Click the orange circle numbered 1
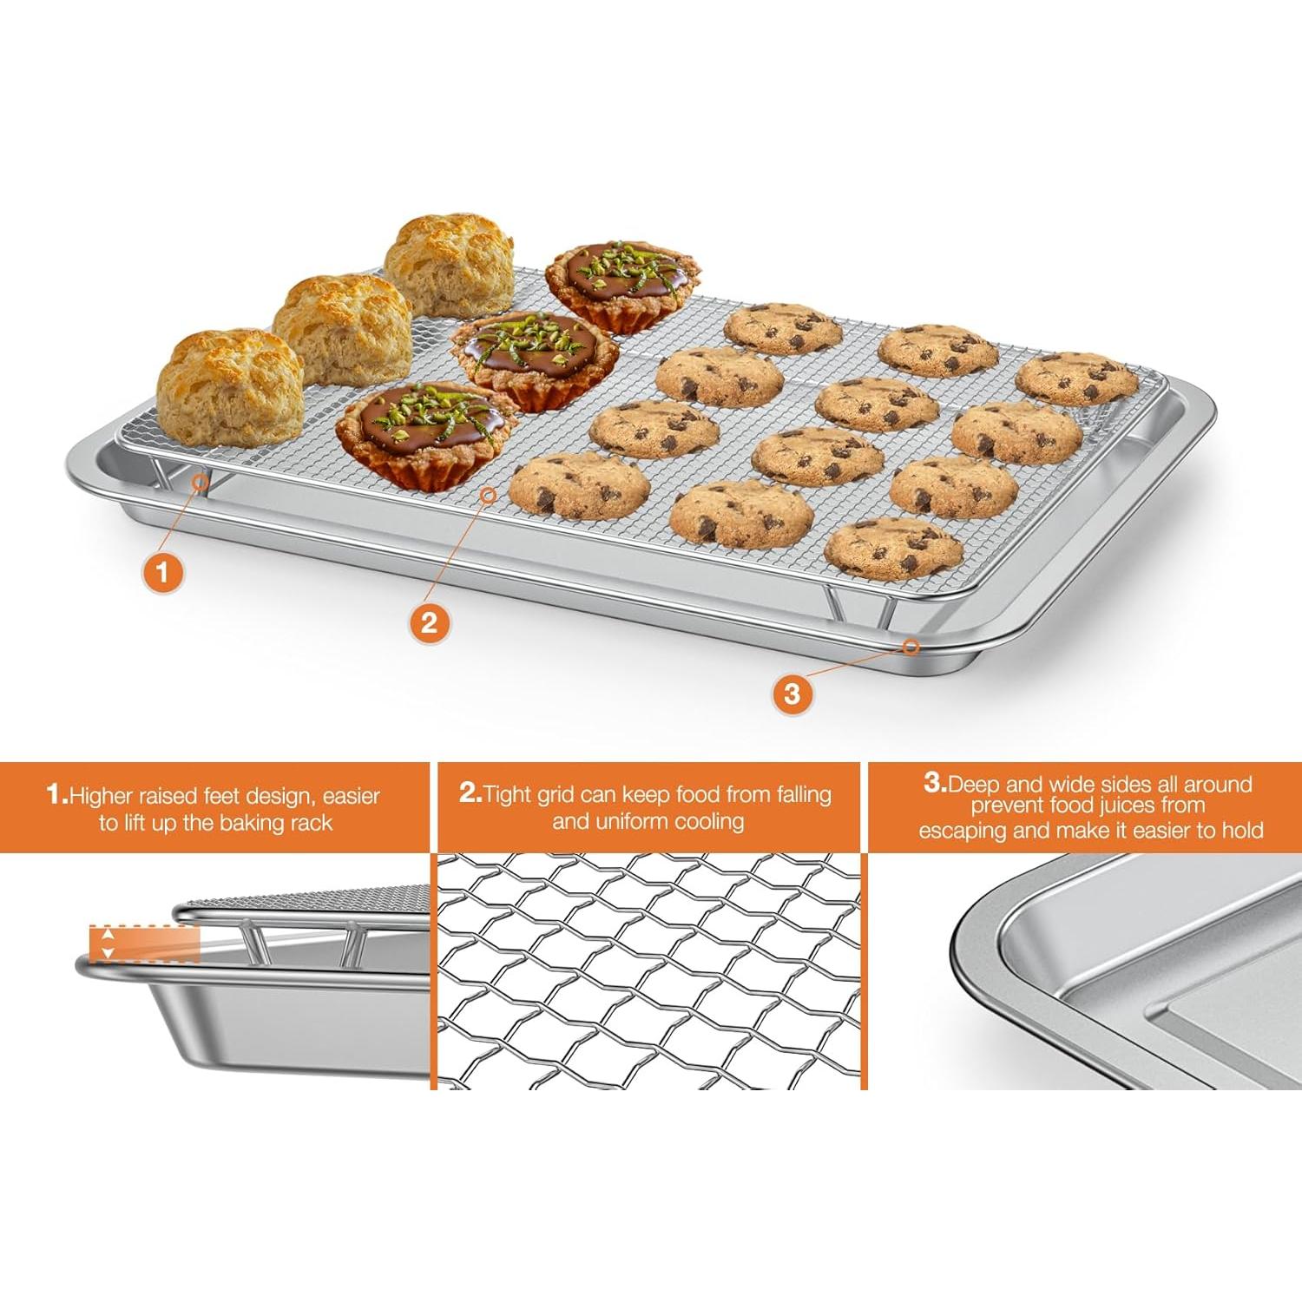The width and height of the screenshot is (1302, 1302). coord(162,572)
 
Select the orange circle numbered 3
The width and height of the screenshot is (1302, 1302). coord(792,694)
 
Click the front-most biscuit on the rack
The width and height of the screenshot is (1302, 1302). coord(230,386)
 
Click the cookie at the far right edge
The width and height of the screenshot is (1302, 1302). coord(1076,378)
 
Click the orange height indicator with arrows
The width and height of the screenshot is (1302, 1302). coord(144,944)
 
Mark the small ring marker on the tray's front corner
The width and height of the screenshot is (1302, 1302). coord(911,647)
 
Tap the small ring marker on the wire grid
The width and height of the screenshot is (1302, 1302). coord(489,495)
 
